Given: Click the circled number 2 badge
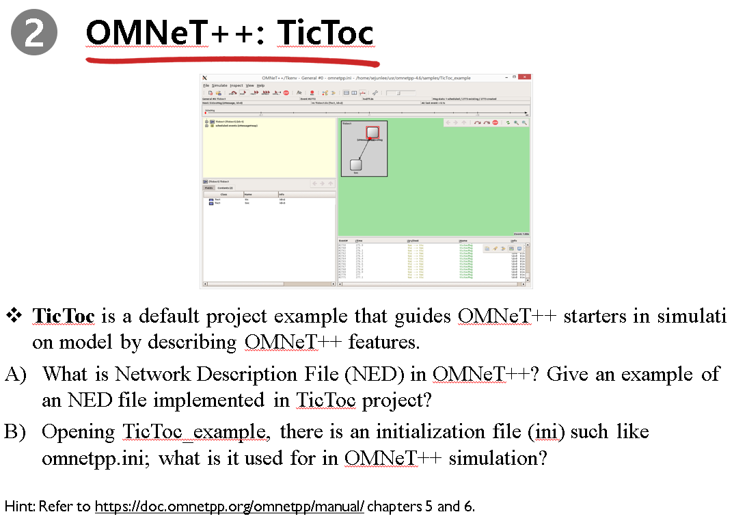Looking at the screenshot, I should pyautogui.click(x=33, y=33).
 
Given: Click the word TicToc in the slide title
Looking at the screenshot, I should pyautogui.click(x=325, y=32).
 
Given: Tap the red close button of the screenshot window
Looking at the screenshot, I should pyautogui.click(x=524, y=77).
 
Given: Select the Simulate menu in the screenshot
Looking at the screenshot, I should pyautogui.click(x=219, y=85).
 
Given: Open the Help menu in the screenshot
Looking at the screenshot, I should pyautogui.click(x=260, y=85).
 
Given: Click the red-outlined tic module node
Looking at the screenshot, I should pyautogui.click(x=372, y=132).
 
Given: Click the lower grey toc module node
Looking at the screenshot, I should pyautogui.click(x=355, y=164).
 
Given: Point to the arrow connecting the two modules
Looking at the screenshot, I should pyautogui.click(x=364, y=148).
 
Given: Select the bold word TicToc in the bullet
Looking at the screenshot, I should pyautogui.click(x=66, y=316).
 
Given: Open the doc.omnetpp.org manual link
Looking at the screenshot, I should pyautogui.click(x=230, y=507).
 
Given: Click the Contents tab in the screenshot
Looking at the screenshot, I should pyautogui.click(x=225, y=187).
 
